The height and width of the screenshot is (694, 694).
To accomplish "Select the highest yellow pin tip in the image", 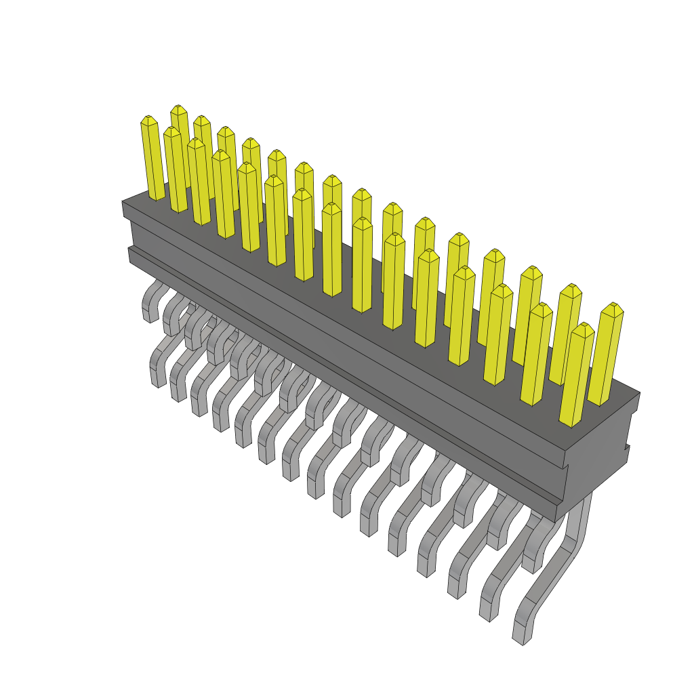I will [178, 108].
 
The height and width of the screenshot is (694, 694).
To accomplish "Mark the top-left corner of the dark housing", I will [123, 202].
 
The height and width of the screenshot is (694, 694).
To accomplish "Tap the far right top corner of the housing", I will [639, 392].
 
